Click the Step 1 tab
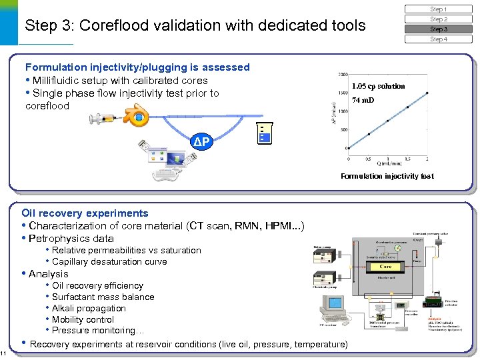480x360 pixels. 438,9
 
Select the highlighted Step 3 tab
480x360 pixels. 438,29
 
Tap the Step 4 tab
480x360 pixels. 438,39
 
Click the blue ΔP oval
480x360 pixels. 203,143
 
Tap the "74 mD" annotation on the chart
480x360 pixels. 363,100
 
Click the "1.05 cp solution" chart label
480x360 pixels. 378,86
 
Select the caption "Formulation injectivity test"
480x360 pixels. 387,176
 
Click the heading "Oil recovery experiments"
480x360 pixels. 85,213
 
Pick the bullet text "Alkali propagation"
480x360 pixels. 89,308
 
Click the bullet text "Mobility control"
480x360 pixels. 83,319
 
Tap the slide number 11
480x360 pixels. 3,353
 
